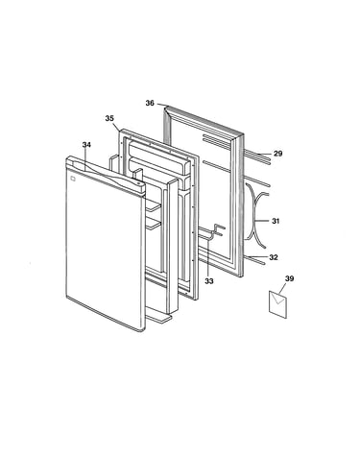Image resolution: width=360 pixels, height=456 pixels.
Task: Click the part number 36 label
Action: pos(150,103)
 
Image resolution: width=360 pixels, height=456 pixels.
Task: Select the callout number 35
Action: pos(109,118)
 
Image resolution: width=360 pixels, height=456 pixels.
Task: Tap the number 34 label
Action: pos(86,145)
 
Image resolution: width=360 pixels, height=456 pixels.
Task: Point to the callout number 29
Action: pos(278,154)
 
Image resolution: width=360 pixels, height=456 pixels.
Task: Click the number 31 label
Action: pos(276,221)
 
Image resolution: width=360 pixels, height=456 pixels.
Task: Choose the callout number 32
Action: pos(274,257)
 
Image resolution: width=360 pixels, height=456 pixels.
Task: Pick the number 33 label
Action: pos(209,281)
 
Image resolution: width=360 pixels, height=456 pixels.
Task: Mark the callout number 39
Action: pos(289,278)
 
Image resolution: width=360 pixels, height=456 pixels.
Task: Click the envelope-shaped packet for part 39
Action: pos(277,304)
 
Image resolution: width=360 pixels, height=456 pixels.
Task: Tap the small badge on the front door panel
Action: pos(72,179)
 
